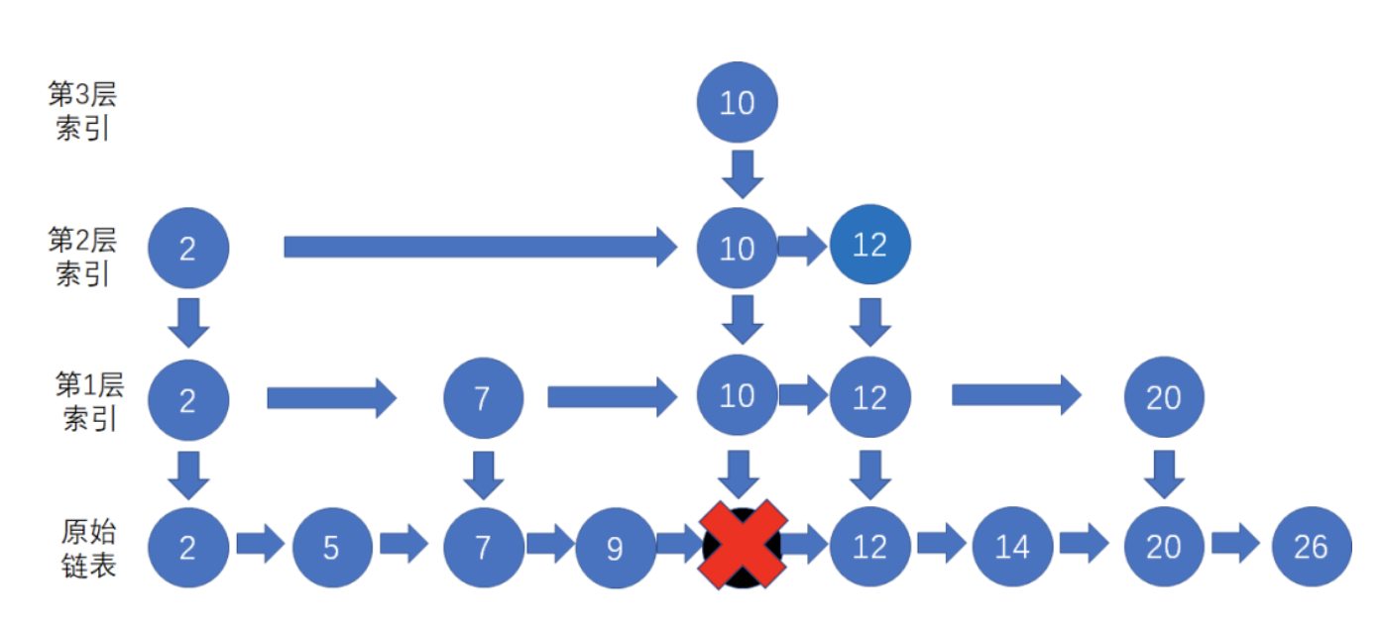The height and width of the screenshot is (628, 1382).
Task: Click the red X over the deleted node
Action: pos(743,546)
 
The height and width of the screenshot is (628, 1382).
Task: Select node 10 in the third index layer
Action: pos(737,102)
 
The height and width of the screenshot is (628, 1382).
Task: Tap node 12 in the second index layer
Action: pos(868,245)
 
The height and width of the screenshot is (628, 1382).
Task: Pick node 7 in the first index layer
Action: pos(482,398)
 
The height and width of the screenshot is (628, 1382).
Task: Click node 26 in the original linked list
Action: pos(1311,547)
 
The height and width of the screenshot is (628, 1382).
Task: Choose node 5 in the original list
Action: pos(331,547)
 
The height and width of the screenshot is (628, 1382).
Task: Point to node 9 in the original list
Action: pos(615,547)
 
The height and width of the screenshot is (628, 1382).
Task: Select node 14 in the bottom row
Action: pos(1012,547)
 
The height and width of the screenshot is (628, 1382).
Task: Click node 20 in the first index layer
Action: pos(1164,398)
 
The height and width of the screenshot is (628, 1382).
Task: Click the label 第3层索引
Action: pos(82,111)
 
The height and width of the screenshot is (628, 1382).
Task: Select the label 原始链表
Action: pos(88,548)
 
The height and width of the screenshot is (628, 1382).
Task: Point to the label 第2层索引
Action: pos(82,257)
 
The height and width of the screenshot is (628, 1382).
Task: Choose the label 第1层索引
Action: pos(88,399)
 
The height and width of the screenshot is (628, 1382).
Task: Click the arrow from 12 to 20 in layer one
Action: pos(1016,395)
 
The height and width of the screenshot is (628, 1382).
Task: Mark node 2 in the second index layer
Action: pos(188,248)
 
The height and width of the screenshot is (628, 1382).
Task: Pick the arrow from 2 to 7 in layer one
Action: pos(331,398)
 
